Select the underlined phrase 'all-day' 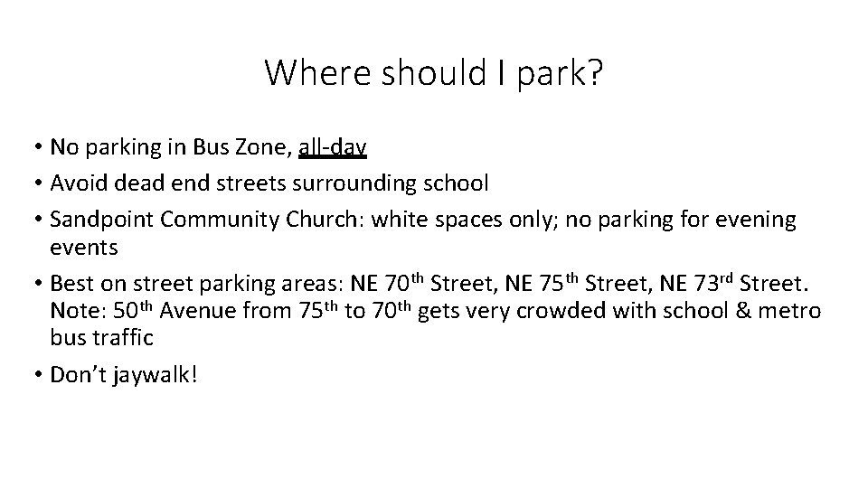pos(332,146)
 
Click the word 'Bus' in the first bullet pos(207,146)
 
